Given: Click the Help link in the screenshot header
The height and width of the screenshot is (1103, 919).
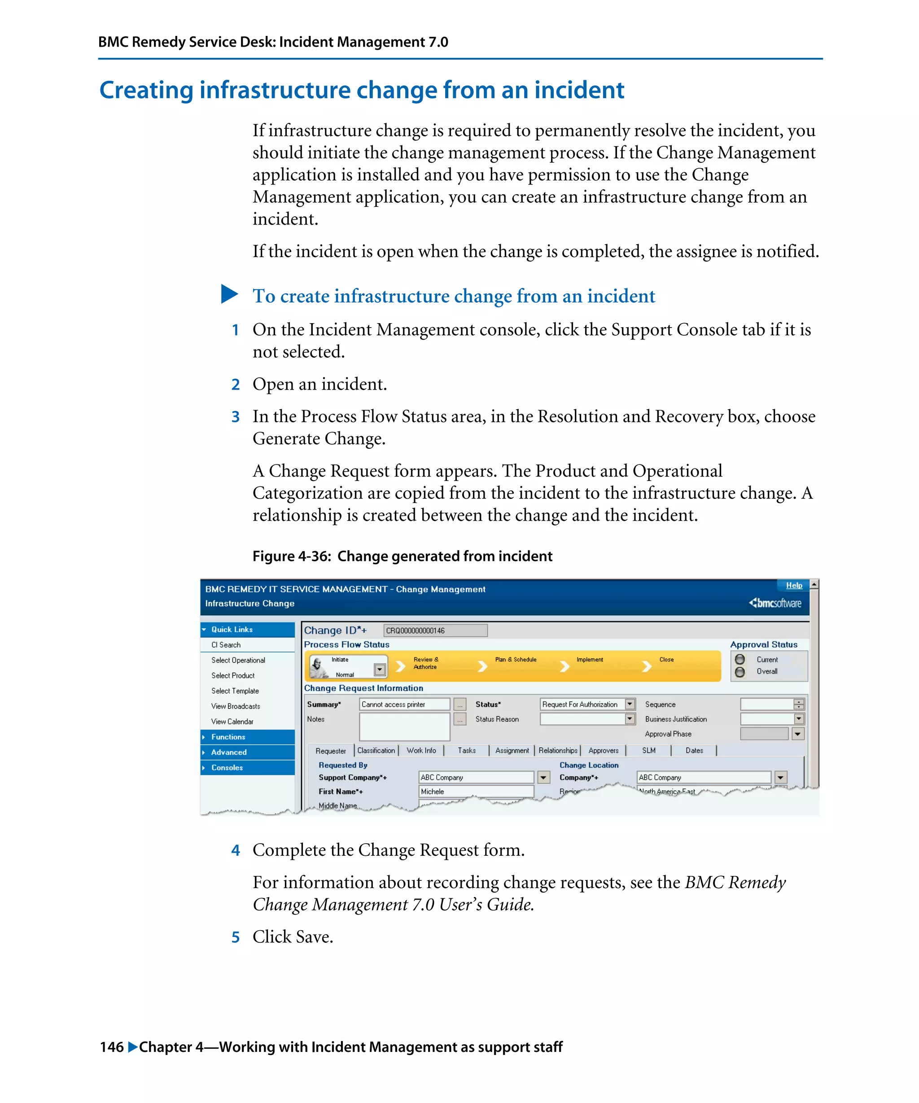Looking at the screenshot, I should pos(793,585).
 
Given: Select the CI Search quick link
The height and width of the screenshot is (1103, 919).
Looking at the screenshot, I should pos(226,645).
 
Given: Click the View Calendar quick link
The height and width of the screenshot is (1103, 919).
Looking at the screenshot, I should pos(232,722).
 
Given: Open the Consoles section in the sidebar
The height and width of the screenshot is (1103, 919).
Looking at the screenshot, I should pos(227,768).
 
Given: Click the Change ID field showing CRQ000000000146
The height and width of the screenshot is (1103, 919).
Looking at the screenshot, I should pos(435,630).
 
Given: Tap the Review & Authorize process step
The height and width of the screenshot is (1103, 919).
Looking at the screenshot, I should pos(425,663).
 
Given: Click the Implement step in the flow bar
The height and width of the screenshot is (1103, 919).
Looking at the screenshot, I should pos(589,660).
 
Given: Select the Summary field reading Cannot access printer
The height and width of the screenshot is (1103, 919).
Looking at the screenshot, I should pos(404,705).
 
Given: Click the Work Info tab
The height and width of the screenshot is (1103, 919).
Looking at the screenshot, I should pos(421,751).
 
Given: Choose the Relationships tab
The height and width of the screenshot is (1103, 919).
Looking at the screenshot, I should pos(558,751).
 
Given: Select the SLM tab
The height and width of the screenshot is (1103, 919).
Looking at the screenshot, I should pos(648,751).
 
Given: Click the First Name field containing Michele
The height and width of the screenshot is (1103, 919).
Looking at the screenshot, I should pos(476,792).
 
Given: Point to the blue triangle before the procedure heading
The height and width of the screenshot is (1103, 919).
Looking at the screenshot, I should pos(229,294).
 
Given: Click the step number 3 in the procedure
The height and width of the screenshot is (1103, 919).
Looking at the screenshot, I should pos(235,417).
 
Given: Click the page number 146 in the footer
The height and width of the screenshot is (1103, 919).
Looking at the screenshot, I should pos(111,1047).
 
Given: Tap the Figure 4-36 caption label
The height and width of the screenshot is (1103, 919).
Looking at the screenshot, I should pos(292,556).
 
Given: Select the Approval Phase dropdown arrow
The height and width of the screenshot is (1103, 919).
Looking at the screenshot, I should pos(798,734).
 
